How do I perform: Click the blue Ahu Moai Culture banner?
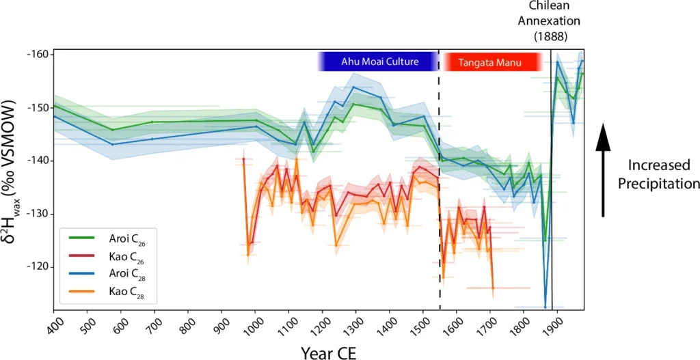click(x=378, y=61)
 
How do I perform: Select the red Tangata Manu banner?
click(x=492, y=62)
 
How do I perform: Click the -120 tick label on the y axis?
click(x=38, y=266)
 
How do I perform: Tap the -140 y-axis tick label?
click(x=38, y=161)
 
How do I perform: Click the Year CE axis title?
click(x=327, y=351)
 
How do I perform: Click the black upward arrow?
click(x=602, y=171)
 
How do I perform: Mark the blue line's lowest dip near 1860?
click(x=545, y=307)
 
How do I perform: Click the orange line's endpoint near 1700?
click(x=492, y=288)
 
